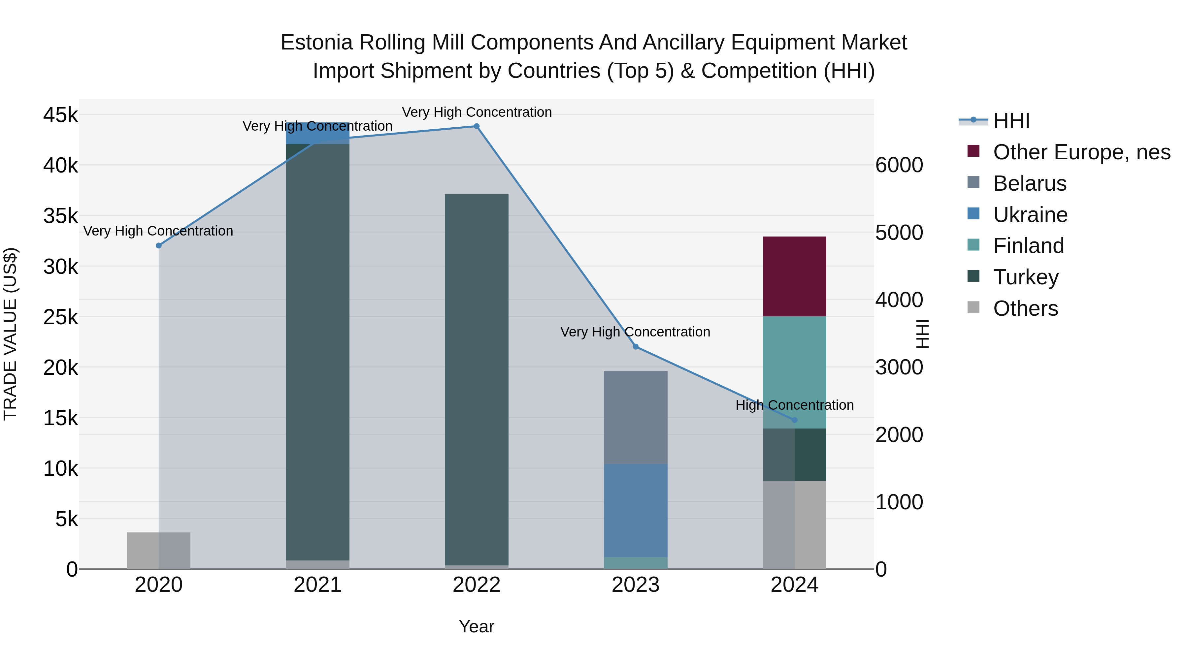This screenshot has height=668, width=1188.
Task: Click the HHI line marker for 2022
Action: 477,126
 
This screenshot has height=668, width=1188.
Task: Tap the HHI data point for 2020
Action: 159,246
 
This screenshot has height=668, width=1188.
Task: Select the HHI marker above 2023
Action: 636,347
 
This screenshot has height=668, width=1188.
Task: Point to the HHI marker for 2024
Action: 794,420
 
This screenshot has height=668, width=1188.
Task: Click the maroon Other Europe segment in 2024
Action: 794,277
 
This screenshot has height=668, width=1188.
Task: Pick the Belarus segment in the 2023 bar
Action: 636,417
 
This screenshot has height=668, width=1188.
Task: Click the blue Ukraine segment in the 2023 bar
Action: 636,510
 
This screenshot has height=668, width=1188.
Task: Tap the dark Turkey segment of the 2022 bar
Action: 477,378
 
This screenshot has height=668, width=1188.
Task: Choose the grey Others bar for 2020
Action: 159,551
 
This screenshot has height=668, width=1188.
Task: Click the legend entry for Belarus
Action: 1029,183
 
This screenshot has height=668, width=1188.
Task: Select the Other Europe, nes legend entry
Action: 1081,152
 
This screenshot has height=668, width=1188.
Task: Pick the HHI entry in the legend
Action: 1011,121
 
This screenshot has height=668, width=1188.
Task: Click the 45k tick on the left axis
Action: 60,115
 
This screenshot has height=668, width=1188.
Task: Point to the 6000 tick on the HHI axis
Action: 899,165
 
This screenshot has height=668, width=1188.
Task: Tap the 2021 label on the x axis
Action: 317,585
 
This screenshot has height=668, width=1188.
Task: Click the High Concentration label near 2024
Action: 794,405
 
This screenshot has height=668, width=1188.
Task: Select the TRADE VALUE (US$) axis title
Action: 10,334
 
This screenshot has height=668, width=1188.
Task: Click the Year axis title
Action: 477,626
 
